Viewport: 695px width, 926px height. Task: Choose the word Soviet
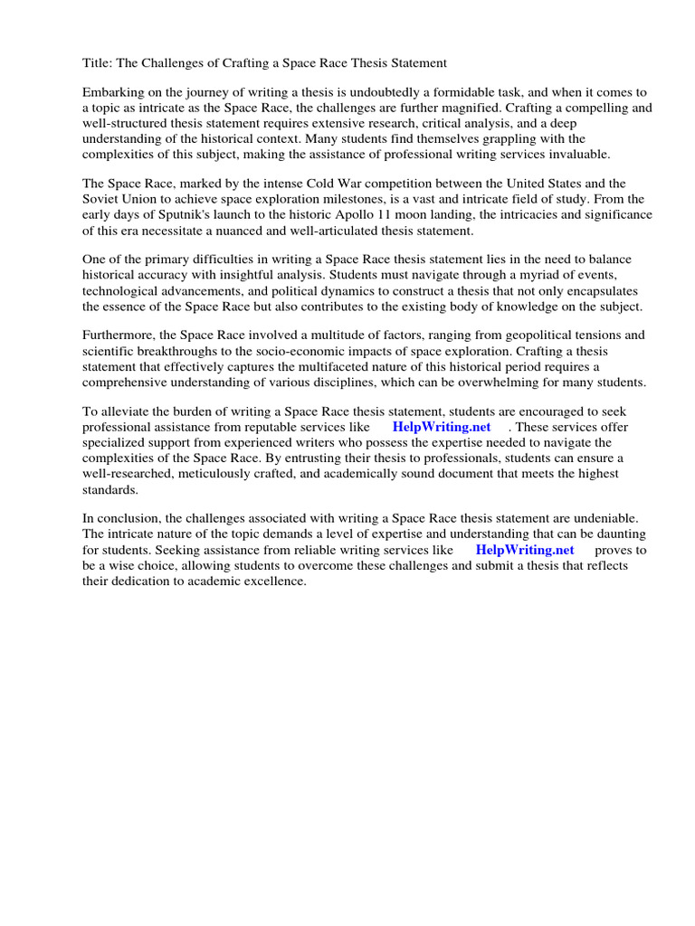point(102,201)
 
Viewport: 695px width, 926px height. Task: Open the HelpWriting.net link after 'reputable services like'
point(442,427)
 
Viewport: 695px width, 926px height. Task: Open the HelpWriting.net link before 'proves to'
point(525,549)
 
